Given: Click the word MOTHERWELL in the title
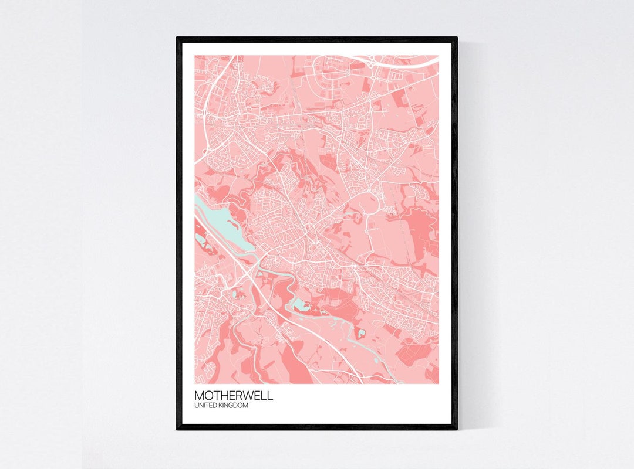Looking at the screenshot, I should click(234, 395).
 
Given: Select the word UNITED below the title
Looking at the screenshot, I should click(206, 405).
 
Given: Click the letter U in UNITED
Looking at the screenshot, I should click(197, 405).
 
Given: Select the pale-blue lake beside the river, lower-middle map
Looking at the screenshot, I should click(299, 305).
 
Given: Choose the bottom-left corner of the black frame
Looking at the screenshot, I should click(178, 428).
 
